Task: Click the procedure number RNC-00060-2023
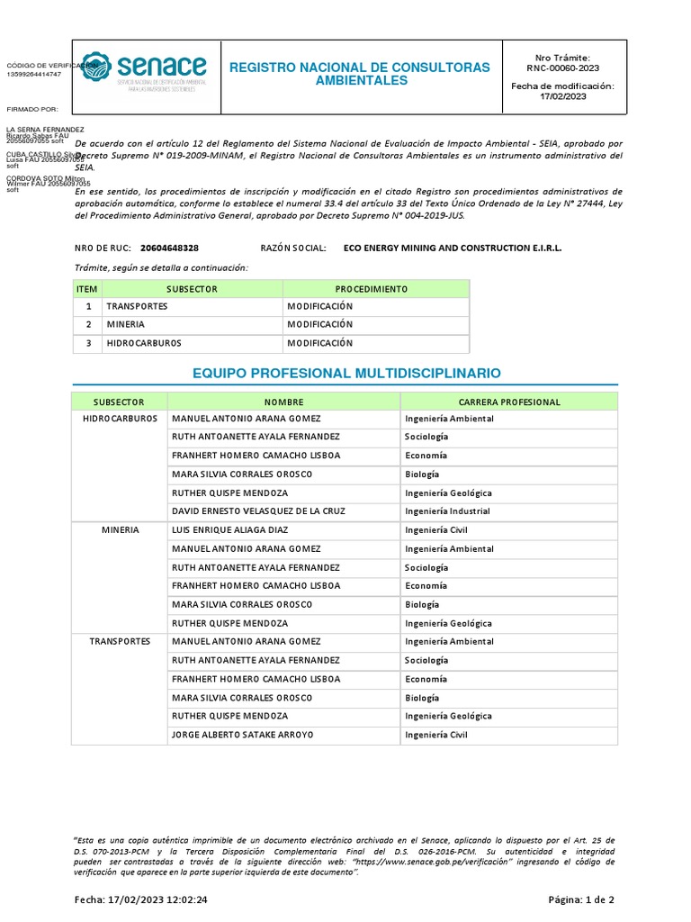(x=563, y=68)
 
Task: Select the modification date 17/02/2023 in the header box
(x=563, y=96)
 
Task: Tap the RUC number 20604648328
(x=170, y=248)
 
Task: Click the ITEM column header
(x=86, y=289)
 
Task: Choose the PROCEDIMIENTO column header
(x=372, y=289)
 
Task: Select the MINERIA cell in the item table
(x=125, y=324)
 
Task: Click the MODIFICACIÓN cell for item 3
(x=320, y=343)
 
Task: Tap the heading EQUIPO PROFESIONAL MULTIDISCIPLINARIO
(x=347, y=373)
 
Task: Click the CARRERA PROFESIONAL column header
(x=509, y=402)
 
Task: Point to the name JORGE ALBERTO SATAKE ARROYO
(x=242, y=735)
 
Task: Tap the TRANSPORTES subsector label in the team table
(x=120, y=641)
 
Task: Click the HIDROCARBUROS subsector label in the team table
(x=120, y=419)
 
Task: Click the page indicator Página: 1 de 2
(x=582, y=899)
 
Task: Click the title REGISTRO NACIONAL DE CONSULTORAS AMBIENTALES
(x=360, y=74)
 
